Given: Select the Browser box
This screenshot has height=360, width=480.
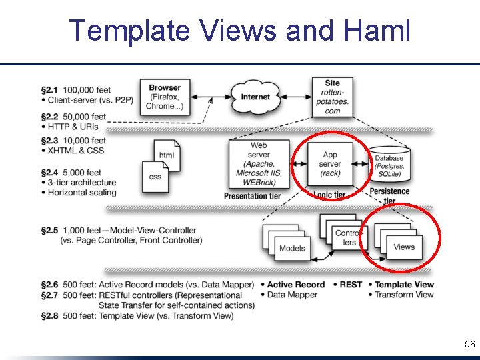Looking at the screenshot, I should pos(164,97).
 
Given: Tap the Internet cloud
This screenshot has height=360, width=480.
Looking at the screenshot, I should pos(255,97).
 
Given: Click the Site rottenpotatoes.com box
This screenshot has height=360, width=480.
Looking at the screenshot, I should pos(332,97).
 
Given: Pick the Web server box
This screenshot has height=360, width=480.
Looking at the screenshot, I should pos(259,164).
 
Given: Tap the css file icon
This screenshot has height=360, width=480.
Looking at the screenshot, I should pos(155,177).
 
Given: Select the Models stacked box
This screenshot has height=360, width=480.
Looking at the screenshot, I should pos(291,248).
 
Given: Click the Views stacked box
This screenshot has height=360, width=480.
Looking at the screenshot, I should pos(403,247).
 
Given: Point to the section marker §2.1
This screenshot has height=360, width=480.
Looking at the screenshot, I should pos(50,89).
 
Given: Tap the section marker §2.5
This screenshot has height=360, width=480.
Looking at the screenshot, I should pos(50,230).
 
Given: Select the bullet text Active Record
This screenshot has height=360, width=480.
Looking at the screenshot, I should pos(295,285).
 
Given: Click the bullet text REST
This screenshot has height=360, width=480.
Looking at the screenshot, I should pos(351,285).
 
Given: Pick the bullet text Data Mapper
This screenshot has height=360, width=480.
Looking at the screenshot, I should pos(294,295).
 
